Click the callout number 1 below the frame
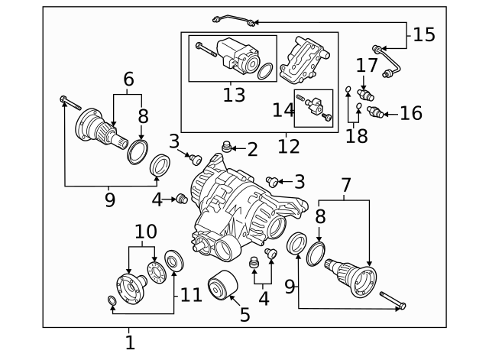[x=130, y=342]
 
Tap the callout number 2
[x=251, y=148]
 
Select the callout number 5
[x=244, y=313]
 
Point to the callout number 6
[x=128, y=78]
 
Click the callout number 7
[x=346, y=185]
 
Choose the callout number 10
[x=144, y=232]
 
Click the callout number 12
[x=289, y=144]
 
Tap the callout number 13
[x=234, y=95]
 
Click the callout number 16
[x=410, y=114]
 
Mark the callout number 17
[x=367, y=66]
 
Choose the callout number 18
[x=356, y=135]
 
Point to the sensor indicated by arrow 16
[x=374, y=113]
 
